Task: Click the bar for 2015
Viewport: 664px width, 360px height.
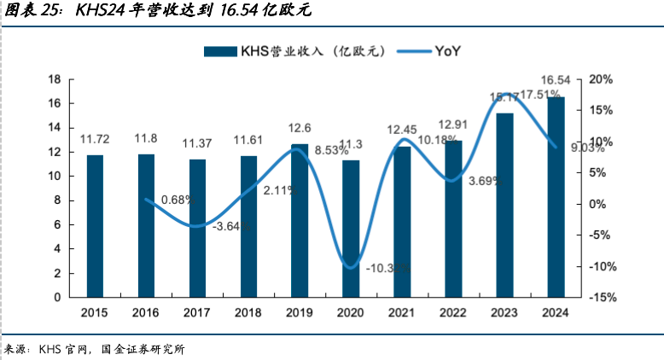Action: pyautogui.click(x=95, y=226)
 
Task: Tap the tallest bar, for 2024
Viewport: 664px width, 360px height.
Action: pyautogui.click(x=556, y=197)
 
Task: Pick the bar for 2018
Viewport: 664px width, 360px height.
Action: pyautogui.click(x=248, y=226)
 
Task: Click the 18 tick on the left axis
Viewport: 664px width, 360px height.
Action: pyautogui.click(x=53, y=79)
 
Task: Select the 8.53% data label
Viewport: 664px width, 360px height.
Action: pyautogui.click(x=332, y=150)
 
